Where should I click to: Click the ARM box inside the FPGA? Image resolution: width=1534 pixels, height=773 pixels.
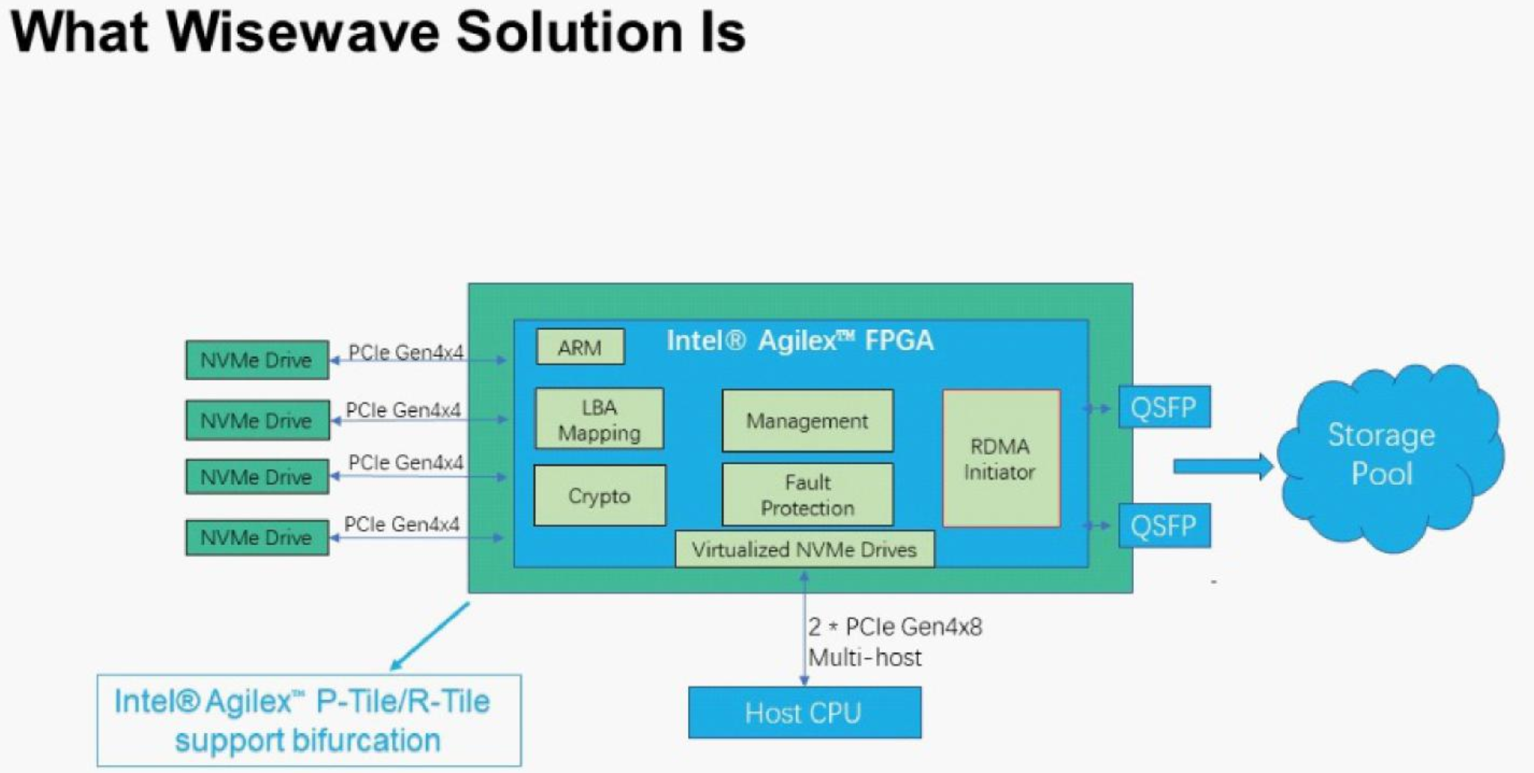(580, 347)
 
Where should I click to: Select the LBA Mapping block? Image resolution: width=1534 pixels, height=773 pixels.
(599, 419)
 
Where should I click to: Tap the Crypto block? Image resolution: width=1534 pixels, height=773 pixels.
(599, 495)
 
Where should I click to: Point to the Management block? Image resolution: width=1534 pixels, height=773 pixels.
(807, 421)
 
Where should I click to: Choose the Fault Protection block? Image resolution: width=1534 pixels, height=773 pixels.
(807, 495)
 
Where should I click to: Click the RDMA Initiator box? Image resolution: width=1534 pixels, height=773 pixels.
(1001, 459)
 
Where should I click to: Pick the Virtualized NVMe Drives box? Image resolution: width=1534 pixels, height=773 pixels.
(804, 549)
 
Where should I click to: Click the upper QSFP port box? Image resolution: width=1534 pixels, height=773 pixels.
(1164, 408)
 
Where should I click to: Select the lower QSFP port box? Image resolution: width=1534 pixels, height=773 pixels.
(1164, 525)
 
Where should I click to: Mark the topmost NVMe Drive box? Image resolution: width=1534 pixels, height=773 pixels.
(257, 360)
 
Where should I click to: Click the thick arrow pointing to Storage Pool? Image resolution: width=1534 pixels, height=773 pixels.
(1221, 466)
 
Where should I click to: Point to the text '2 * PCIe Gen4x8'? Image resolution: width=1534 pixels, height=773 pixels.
(894, 627)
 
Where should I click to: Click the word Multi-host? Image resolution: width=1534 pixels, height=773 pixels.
(865, 657)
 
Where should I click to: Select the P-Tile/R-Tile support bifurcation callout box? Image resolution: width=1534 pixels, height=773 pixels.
(309, 721)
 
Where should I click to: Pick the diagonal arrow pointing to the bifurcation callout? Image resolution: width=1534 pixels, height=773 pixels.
(430, 636)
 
